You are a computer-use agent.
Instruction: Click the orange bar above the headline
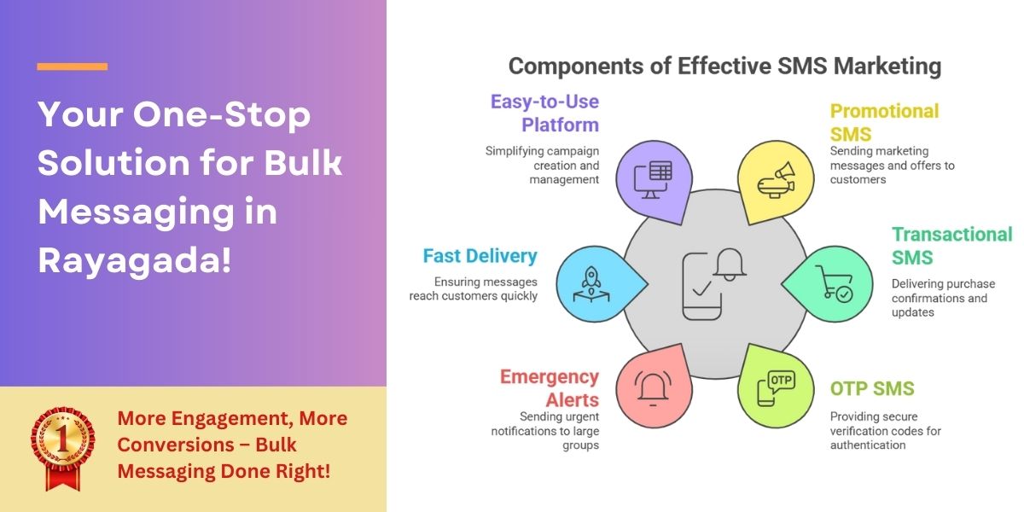point(73,67)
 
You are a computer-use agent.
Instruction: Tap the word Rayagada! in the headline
point(135,261)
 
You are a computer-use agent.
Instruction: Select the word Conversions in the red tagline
point(175,445)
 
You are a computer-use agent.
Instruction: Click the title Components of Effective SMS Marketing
point(724,66)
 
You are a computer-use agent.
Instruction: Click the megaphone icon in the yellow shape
point(777,180)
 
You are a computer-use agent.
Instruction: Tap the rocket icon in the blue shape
point(591,284)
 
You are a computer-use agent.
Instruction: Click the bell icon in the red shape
point(653,389)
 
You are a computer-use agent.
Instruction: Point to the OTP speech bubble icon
point(777,388)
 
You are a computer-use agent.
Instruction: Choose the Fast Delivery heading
point(480,256)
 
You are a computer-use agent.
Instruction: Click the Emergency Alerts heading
point(550,388)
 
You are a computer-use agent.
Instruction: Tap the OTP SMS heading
point(872,388)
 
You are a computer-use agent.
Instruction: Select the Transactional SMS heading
point(952,246)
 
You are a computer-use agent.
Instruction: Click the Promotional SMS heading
point(885,123)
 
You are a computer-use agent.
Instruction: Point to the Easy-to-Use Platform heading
point(544,113)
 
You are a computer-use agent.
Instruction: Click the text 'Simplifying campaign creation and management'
point(542,165)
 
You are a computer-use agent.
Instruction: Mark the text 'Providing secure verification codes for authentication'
point(886,431)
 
